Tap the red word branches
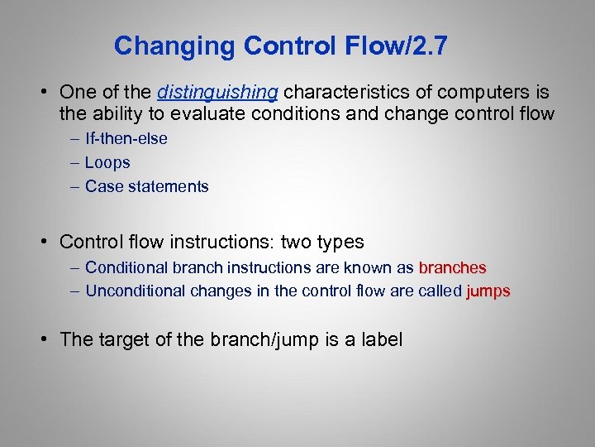(x=452, y=268)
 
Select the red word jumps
(x=488, y=291)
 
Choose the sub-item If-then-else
(x=126, y=139)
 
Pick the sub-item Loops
(x=107, y=163)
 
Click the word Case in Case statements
(x=103, y=186)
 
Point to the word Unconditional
(x=136, y=291)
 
